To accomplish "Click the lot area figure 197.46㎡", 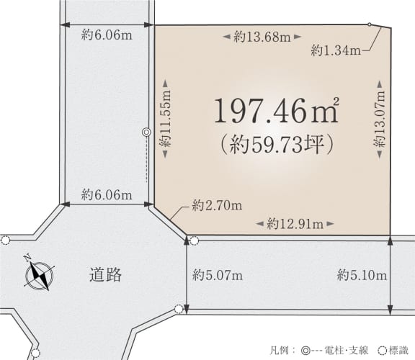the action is pyautogui.click(x=277, y=110).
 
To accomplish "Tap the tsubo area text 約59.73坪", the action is pyautogui.click(x=277, y=145).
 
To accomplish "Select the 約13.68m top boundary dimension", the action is pyautogui.click(x=262, y=37).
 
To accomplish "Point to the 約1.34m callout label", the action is pyautogui.click(x=336, y=50).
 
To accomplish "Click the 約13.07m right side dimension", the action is pyautogui.click(x=380, y=119).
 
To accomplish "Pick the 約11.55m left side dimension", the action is pyautogui.click(x=165, y=119).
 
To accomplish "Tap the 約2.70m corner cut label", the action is pyautogui.click(x=217, y=205).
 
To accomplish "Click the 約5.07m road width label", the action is pyautogui.click(x=218, y=276).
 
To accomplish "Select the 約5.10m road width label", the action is pyautogui.click(x=362, y=276).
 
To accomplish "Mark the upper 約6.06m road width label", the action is pyautogui.click(x=107, y=35).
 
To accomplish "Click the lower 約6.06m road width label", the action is pyautogui.click(x=107, y=195).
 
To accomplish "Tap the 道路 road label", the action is pyautogui.click(x=105, y=275).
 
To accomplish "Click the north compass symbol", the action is pyautogui.click(x=39, y=275).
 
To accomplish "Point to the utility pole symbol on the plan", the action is pyautogui.click(x=146, y=132).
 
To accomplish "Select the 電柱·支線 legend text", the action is pyautogui.click(x=346, y=351).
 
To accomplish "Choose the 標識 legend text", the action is pyautogui.click(x=398, y=351).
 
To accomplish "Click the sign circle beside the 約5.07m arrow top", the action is pyautogui.click(x=194, y=240).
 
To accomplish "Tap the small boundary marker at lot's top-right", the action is pyautogui.click(x=369, y=24).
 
